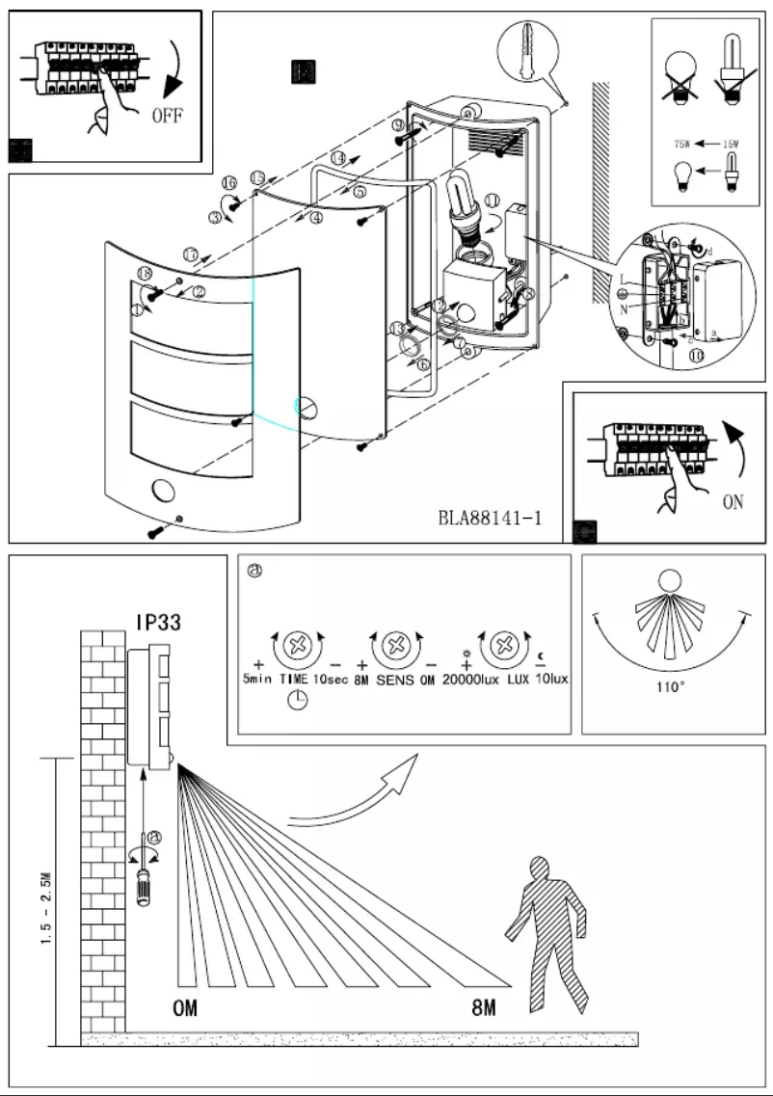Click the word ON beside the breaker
click(732, 502)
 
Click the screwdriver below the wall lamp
click(146, 877)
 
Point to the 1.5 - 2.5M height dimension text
click(47, 911)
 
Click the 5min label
click(257, 679)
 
